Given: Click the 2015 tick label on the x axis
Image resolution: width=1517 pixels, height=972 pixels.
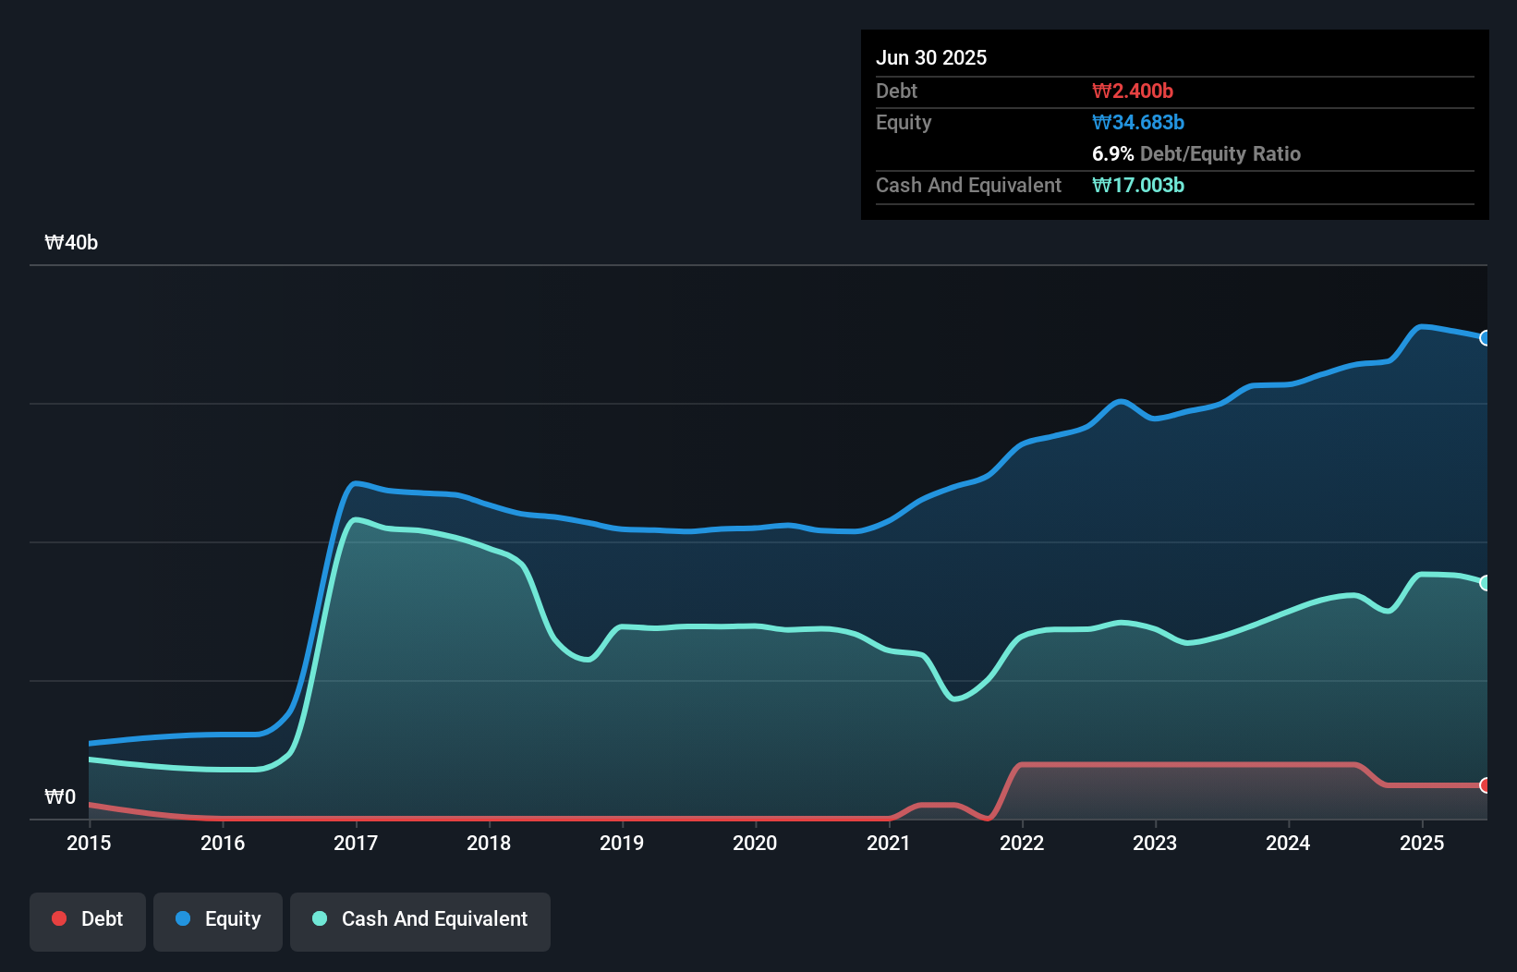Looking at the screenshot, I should pyautogui.click(x=89, y=843).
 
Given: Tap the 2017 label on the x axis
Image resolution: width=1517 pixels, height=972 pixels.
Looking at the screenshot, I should pyautogui.click(x=356, y=843).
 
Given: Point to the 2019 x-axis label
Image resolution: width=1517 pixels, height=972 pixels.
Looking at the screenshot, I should pyautogui.click(x=622, y=843).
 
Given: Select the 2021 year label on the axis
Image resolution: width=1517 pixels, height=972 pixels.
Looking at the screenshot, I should pyautogui.click(x=889, y=843).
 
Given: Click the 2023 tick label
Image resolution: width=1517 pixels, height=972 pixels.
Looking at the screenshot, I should pyautogui.click(x=1155, y=843).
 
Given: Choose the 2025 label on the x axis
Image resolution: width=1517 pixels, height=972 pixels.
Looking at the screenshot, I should pyautogui.click(x=1422, y=843).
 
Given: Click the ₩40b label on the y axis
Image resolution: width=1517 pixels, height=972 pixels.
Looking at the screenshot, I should pyautogui.click(x=71, y=243).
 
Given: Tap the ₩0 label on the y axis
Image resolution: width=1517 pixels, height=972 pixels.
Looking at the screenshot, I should pyautogui.click(x=60, y=796).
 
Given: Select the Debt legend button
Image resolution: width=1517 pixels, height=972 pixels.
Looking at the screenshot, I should pyautogui.click(x=88, y=919).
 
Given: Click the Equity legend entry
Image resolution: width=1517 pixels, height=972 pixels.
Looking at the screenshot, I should pyautogui.click(x=218, y=919).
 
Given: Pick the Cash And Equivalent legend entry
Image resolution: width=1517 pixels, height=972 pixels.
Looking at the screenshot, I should pyautogui.click(x=420, y=919).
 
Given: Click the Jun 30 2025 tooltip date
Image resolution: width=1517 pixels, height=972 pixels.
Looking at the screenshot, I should pyautogui.click(x=931, y=57).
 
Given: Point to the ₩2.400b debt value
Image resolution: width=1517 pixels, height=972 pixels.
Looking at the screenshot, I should pyautogui.click(x=1133, y=91).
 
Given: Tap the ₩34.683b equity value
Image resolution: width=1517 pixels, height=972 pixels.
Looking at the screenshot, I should pyautogui.click(x=1138, y=122).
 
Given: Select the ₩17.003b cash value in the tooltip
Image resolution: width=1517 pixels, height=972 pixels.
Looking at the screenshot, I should pyautogui.click(x=1138, y=185).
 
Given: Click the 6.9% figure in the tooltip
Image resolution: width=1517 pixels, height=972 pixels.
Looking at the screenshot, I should pyautogui.click(x=1112, y=153).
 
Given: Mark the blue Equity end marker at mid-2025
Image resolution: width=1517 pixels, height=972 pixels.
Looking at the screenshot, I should pyautogui.click(x=1486, y=338).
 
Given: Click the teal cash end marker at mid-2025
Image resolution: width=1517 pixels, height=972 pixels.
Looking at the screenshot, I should pyautogui.click(x=1486, y=583).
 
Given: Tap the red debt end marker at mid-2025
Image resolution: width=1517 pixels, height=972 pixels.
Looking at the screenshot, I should pyautogui.click(x=1486, y=785).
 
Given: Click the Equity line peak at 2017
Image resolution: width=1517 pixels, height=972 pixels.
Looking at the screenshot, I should pyautogui.click(x=357, y=483).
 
